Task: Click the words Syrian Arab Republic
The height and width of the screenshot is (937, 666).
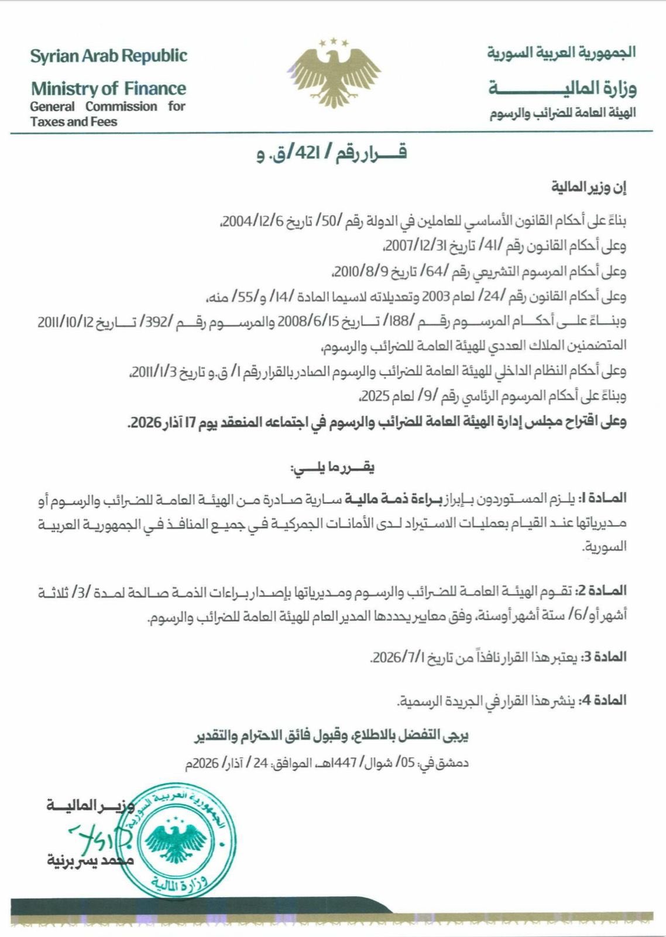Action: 109,56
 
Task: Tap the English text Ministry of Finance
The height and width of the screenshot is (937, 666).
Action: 108,88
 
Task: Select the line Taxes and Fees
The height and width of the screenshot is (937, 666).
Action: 74,122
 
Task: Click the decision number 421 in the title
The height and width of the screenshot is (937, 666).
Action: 307,153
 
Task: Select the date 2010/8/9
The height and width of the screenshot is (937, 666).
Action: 355,272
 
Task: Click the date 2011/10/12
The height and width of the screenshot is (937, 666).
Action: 64,322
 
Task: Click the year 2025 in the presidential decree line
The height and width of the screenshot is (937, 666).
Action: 375,396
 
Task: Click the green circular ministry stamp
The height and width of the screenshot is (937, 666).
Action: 175,839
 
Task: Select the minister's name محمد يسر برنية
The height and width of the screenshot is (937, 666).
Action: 91,860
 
